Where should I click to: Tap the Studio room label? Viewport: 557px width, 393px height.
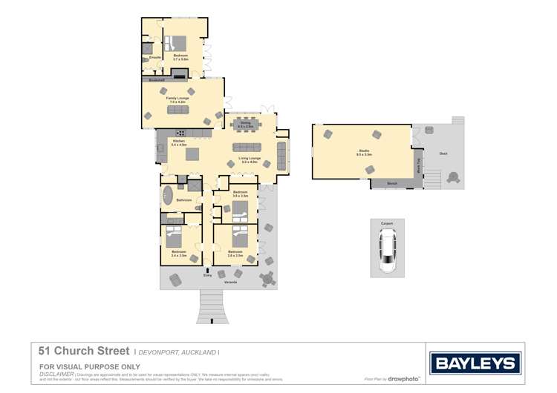(363, 152)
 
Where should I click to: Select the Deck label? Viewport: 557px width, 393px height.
(443, 153)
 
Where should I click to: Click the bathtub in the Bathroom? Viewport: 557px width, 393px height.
(167, 197)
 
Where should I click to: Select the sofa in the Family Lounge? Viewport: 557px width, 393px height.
(178, 110)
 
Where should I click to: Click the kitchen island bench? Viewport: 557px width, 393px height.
(192, 154)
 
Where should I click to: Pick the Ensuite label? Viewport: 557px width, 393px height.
(155, 57)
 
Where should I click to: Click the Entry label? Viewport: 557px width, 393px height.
(207, 276)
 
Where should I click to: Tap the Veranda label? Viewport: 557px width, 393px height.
(232, 282)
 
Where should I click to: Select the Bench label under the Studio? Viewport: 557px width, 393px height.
(393, 182)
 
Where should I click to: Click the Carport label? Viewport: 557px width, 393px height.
(386, 222)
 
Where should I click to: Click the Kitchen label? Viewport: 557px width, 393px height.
(178, 141)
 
